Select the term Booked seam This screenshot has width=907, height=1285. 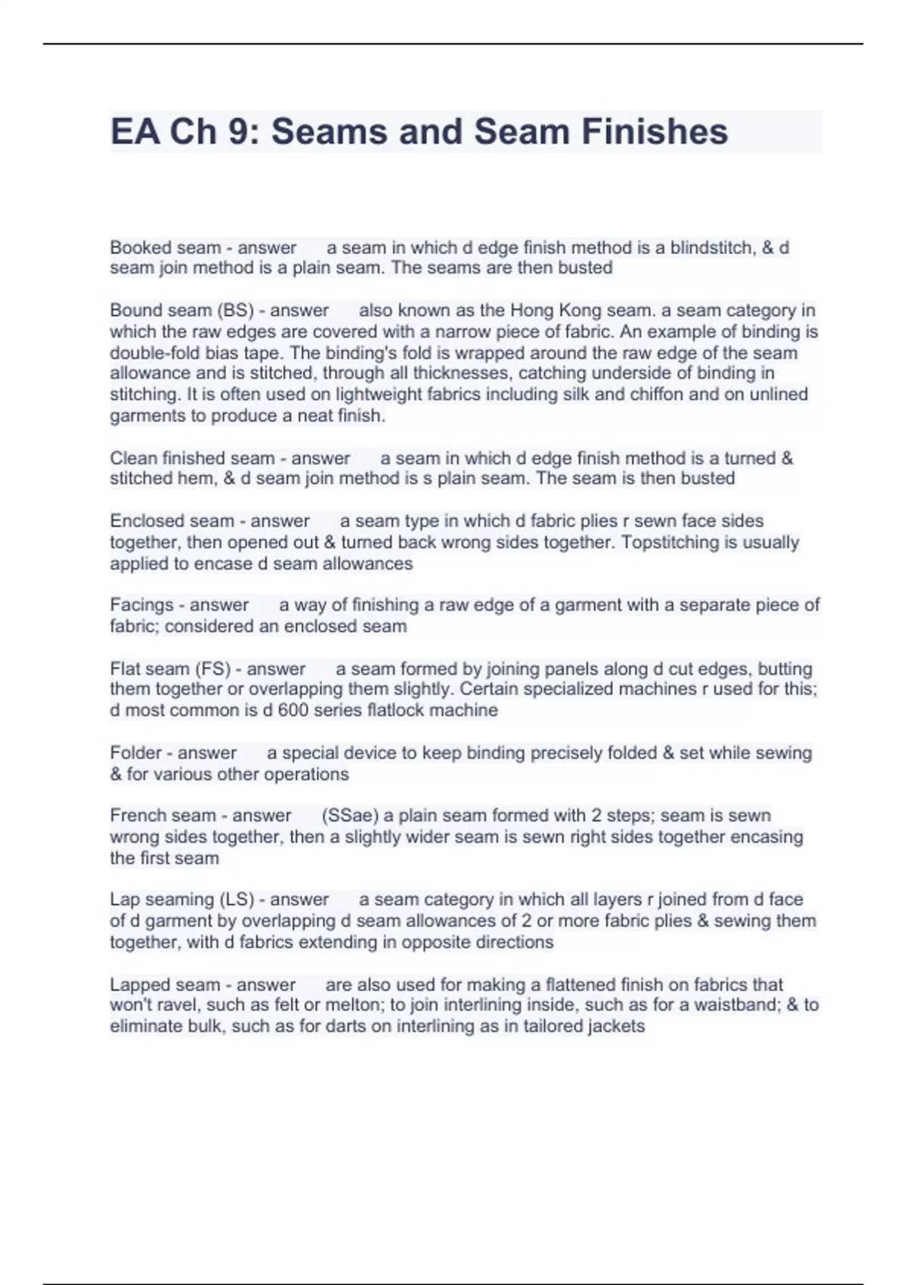(x=165, y=248)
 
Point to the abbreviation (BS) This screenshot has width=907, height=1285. (x=235, y=311)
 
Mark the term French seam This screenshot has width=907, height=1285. (x=163, y=816)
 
